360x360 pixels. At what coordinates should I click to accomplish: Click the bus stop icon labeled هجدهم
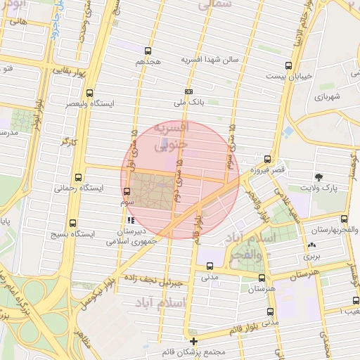point(148,51)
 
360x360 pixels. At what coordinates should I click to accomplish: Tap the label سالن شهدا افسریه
point(211,59)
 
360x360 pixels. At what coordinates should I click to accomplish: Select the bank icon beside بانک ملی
point(188,91)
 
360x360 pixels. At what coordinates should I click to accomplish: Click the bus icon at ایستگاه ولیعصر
point(89,93)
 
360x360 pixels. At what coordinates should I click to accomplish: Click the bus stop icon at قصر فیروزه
point(267,160)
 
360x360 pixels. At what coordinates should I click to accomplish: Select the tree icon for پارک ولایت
point(320,177)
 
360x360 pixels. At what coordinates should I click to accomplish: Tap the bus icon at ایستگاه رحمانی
point(77,178)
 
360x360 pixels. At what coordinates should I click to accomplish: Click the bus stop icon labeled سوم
point(127,191)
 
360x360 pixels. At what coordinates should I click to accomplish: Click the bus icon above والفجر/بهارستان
point(344,219)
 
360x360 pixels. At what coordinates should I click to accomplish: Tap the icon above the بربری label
point(311,245)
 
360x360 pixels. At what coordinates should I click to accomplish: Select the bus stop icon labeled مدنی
point(210,266)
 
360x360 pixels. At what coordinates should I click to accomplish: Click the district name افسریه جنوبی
point(172,135)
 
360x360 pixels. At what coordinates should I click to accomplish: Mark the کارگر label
point(69,142)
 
